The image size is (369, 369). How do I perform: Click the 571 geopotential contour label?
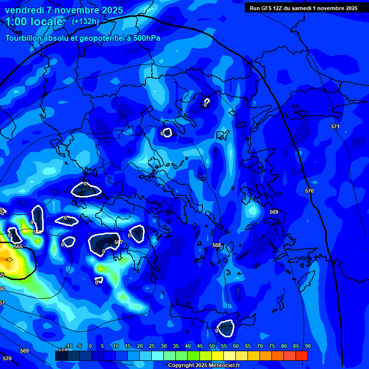(335, 126)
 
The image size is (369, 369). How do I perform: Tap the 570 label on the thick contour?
(309, 191)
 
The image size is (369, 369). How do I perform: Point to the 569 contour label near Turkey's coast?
(274, 212)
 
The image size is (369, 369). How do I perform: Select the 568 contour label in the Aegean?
(217, 245)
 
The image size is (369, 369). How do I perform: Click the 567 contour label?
(118, 242)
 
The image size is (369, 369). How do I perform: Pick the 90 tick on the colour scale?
(307, 346)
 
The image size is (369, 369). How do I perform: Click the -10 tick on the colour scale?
(69, 346)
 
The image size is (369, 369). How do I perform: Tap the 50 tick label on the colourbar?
(212, 346)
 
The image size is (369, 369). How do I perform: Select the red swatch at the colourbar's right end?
(302, 356)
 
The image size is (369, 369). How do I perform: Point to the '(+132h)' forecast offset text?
(86, 21)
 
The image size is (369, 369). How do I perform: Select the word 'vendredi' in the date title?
(25, 10)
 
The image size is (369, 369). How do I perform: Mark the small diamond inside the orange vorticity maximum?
(9, 259)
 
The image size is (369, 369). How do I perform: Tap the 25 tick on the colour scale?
(152, 346)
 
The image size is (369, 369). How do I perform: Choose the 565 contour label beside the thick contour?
(18, 246)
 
